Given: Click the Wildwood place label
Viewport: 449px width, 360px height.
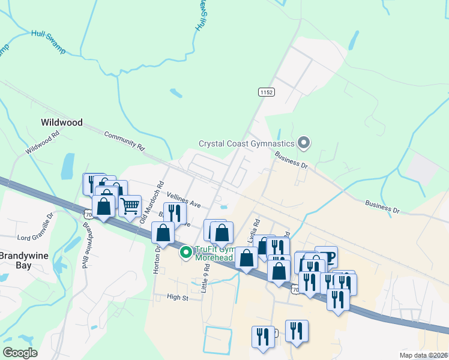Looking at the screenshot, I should point(61,122).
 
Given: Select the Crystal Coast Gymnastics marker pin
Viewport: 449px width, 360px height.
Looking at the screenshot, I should point(304,143).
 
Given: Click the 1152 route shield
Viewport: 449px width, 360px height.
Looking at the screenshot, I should point(267,92).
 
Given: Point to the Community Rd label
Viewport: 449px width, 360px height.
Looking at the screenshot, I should point(125,140).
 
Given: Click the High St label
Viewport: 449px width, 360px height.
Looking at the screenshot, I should point(178,297).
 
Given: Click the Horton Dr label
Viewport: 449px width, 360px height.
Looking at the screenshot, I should point(157,262).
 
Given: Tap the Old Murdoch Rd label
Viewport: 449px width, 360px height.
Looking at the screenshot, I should point(151,203).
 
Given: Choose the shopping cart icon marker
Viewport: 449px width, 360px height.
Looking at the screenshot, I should point(130,206).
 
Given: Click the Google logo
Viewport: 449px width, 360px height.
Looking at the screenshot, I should point(20,353).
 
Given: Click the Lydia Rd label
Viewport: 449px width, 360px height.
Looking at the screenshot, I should point(256,229).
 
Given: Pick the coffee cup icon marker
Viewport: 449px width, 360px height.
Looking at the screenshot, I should point(326,256).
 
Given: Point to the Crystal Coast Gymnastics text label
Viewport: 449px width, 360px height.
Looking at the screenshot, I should point(247,143).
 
